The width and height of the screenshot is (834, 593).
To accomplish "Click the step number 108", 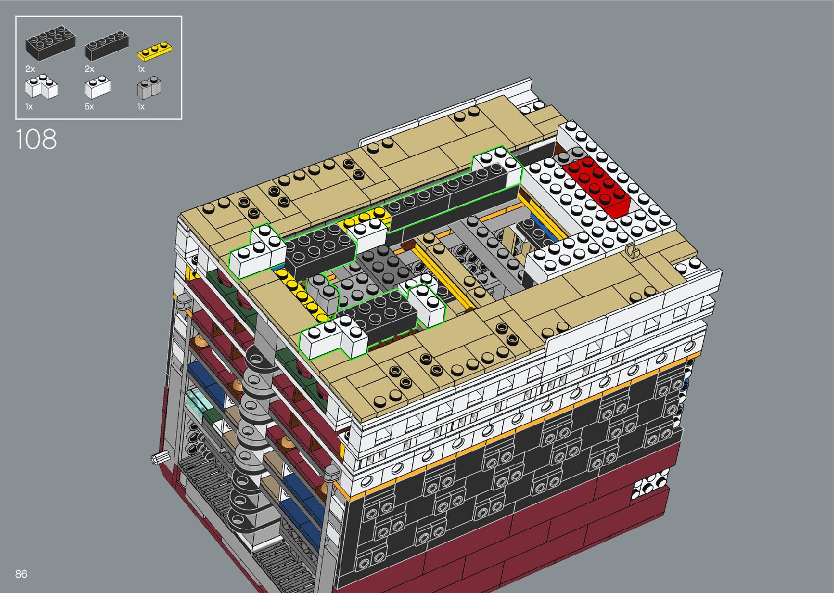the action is point(36,139).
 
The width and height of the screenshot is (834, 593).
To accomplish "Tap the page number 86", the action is point(21,573).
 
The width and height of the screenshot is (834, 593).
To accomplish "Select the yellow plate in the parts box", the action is point(155,51).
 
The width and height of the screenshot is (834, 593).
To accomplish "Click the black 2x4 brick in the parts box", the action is point(51,42).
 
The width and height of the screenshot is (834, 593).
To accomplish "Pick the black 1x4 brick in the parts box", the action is point(107,45).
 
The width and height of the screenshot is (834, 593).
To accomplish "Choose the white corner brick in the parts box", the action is point(41,87).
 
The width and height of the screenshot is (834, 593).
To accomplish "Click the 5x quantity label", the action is point(89,107).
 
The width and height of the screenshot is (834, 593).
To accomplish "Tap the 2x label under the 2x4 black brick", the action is point(30,69).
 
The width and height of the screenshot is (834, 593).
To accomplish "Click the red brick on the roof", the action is point(597,186).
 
